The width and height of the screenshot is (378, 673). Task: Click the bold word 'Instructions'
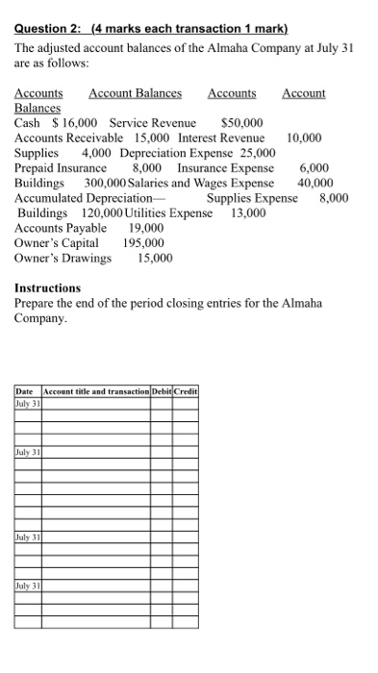48,288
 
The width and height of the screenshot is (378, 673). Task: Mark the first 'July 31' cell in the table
26,404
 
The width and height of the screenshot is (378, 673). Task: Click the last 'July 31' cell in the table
26,584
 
